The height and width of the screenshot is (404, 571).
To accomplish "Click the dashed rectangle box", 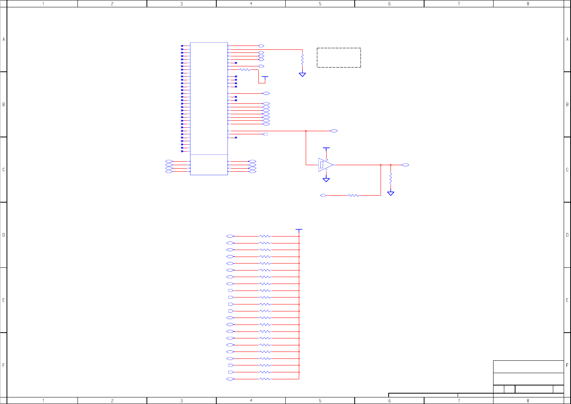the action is coord(339,57).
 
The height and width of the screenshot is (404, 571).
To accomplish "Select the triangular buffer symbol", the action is coord(325,165).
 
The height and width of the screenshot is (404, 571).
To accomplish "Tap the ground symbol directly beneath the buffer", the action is coord(326,179).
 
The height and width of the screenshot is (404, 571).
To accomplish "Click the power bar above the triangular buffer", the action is coord(326,148).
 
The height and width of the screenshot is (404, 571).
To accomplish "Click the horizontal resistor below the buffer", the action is coord(354,196).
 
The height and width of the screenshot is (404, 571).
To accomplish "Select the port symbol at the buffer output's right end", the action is coord(405,165).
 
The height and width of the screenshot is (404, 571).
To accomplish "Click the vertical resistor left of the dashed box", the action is coord(302,59).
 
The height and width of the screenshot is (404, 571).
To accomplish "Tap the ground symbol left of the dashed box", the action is coord(302,74).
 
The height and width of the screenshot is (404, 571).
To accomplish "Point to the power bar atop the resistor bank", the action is coord(299,230).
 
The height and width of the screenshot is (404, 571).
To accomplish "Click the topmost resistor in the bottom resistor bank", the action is coord(265,236).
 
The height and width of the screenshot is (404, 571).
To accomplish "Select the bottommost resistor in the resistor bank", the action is coord(265,379).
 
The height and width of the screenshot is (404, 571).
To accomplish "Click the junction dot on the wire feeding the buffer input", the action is coord(306,131).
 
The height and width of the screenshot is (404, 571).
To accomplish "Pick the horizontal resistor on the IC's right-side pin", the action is coord(245,70).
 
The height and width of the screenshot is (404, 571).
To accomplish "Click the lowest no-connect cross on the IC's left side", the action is coord(182,151).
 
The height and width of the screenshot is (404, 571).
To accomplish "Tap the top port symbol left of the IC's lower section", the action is coord(169,161).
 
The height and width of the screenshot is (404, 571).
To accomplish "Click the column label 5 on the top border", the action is coord(320,4).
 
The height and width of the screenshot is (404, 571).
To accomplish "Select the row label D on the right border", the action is coord(567,235).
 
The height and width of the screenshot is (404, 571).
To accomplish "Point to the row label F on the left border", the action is coord(3,365).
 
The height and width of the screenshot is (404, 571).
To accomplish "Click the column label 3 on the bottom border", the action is coord(182,401).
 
